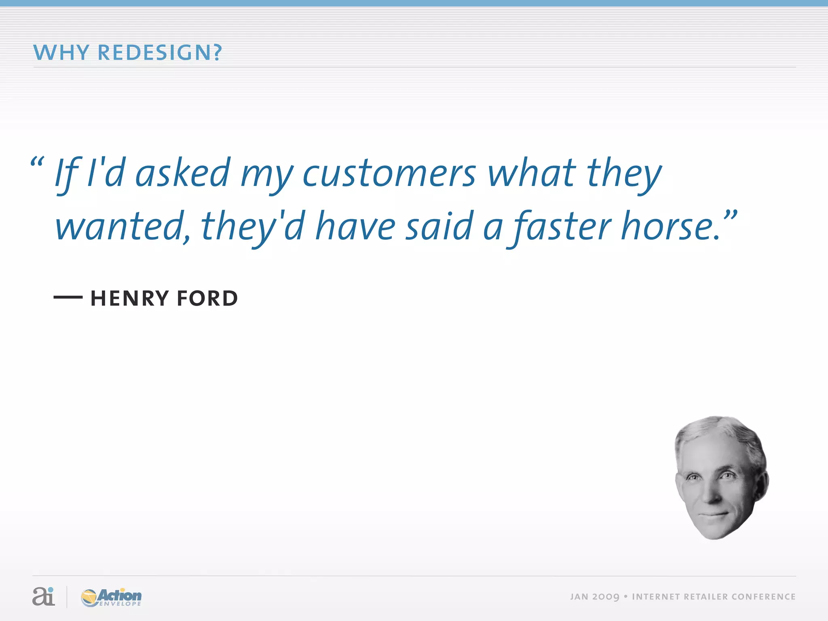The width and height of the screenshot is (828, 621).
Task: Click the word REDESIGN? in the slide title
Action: (160, 53)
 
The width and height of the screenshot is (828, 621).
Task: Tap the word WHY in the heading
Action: (61, 53)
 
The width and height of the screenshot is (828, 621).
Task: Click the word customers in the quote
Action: (389, 174)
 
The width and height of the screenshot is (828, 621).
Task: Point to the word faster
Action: (562, 226)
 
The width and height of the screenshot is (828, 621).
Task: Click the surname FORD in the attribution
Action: (207, 298)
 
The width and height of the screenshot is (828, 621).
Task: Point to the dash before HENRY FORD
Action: (68, 297)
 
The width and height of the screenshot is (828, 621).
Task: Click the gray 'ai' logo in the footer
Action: (43, 596)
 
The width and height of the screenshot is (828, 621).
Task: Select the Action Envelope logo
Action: (111, 597)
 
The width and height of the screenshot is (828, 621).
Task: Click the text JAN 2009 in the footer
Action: (594, 597)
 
